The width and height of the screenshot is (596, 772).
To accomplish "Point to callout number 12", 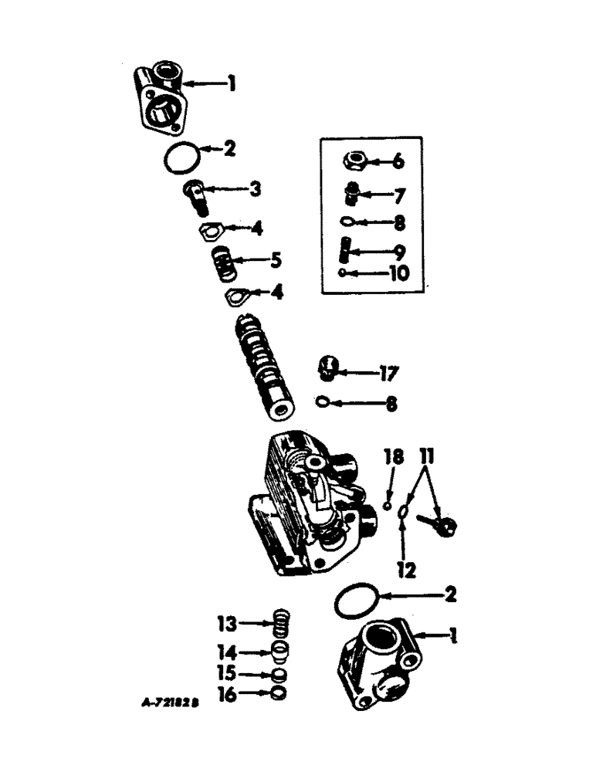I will (407, 571).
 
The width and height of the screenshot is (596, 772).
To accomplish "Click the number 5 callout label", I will (274, 261).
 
